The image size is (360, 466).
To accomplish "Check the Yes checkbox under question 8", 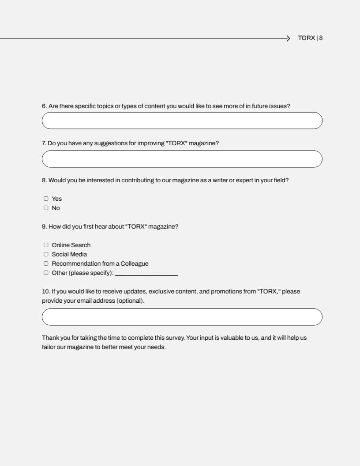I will tap(46, 199).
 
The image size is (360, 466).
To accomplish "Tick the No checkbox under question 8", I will tap(46, 208).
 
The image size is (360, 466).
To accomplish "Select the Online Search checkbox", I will tap(46, 245).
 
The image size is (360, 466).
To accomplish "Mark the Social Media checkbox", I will tap(46, 254).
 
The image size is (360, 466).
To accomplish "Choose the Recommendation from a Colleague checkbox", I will tap(46, 263).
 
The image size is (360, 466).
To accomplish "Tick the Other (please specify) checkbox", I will tap(46, 273).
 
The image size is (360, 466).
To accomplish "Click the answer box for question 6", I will tap(182, 120).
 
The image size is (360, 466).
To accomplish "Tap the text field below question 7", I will tap(182, 159).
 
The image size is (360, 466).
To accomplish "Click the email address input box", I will tap(182, 317).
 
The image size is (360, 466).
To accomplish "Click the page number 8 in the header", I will tap(321, 38).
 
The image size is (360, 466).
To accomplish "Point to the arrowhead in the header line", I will tap(288, 38).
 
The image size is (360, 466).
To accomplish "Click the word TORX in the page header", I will tap(306, 38).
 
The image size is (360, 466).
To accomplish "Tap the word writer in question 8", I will tap(220, 180).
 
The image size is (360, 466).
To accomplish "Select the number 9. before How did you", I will tap(44, 226).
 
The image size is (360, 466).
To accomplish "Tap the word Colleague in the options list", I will tap(135, 263).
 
